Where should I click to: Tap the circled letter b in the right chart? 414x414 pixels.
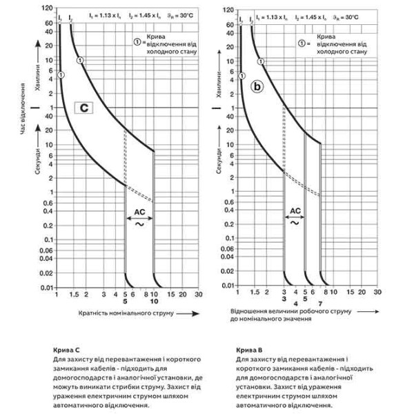257,88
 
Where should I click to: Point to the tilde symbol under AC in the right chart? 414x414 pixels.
295,222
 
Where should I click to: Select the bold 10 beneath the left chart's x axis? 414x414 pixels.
155,302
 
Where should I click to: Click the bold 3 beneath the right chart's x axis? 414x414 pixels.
284,302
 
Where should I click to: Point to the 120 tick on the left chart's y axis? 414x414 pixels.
47,9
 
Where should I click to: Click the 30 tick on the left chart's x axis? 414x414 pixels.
198,294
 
